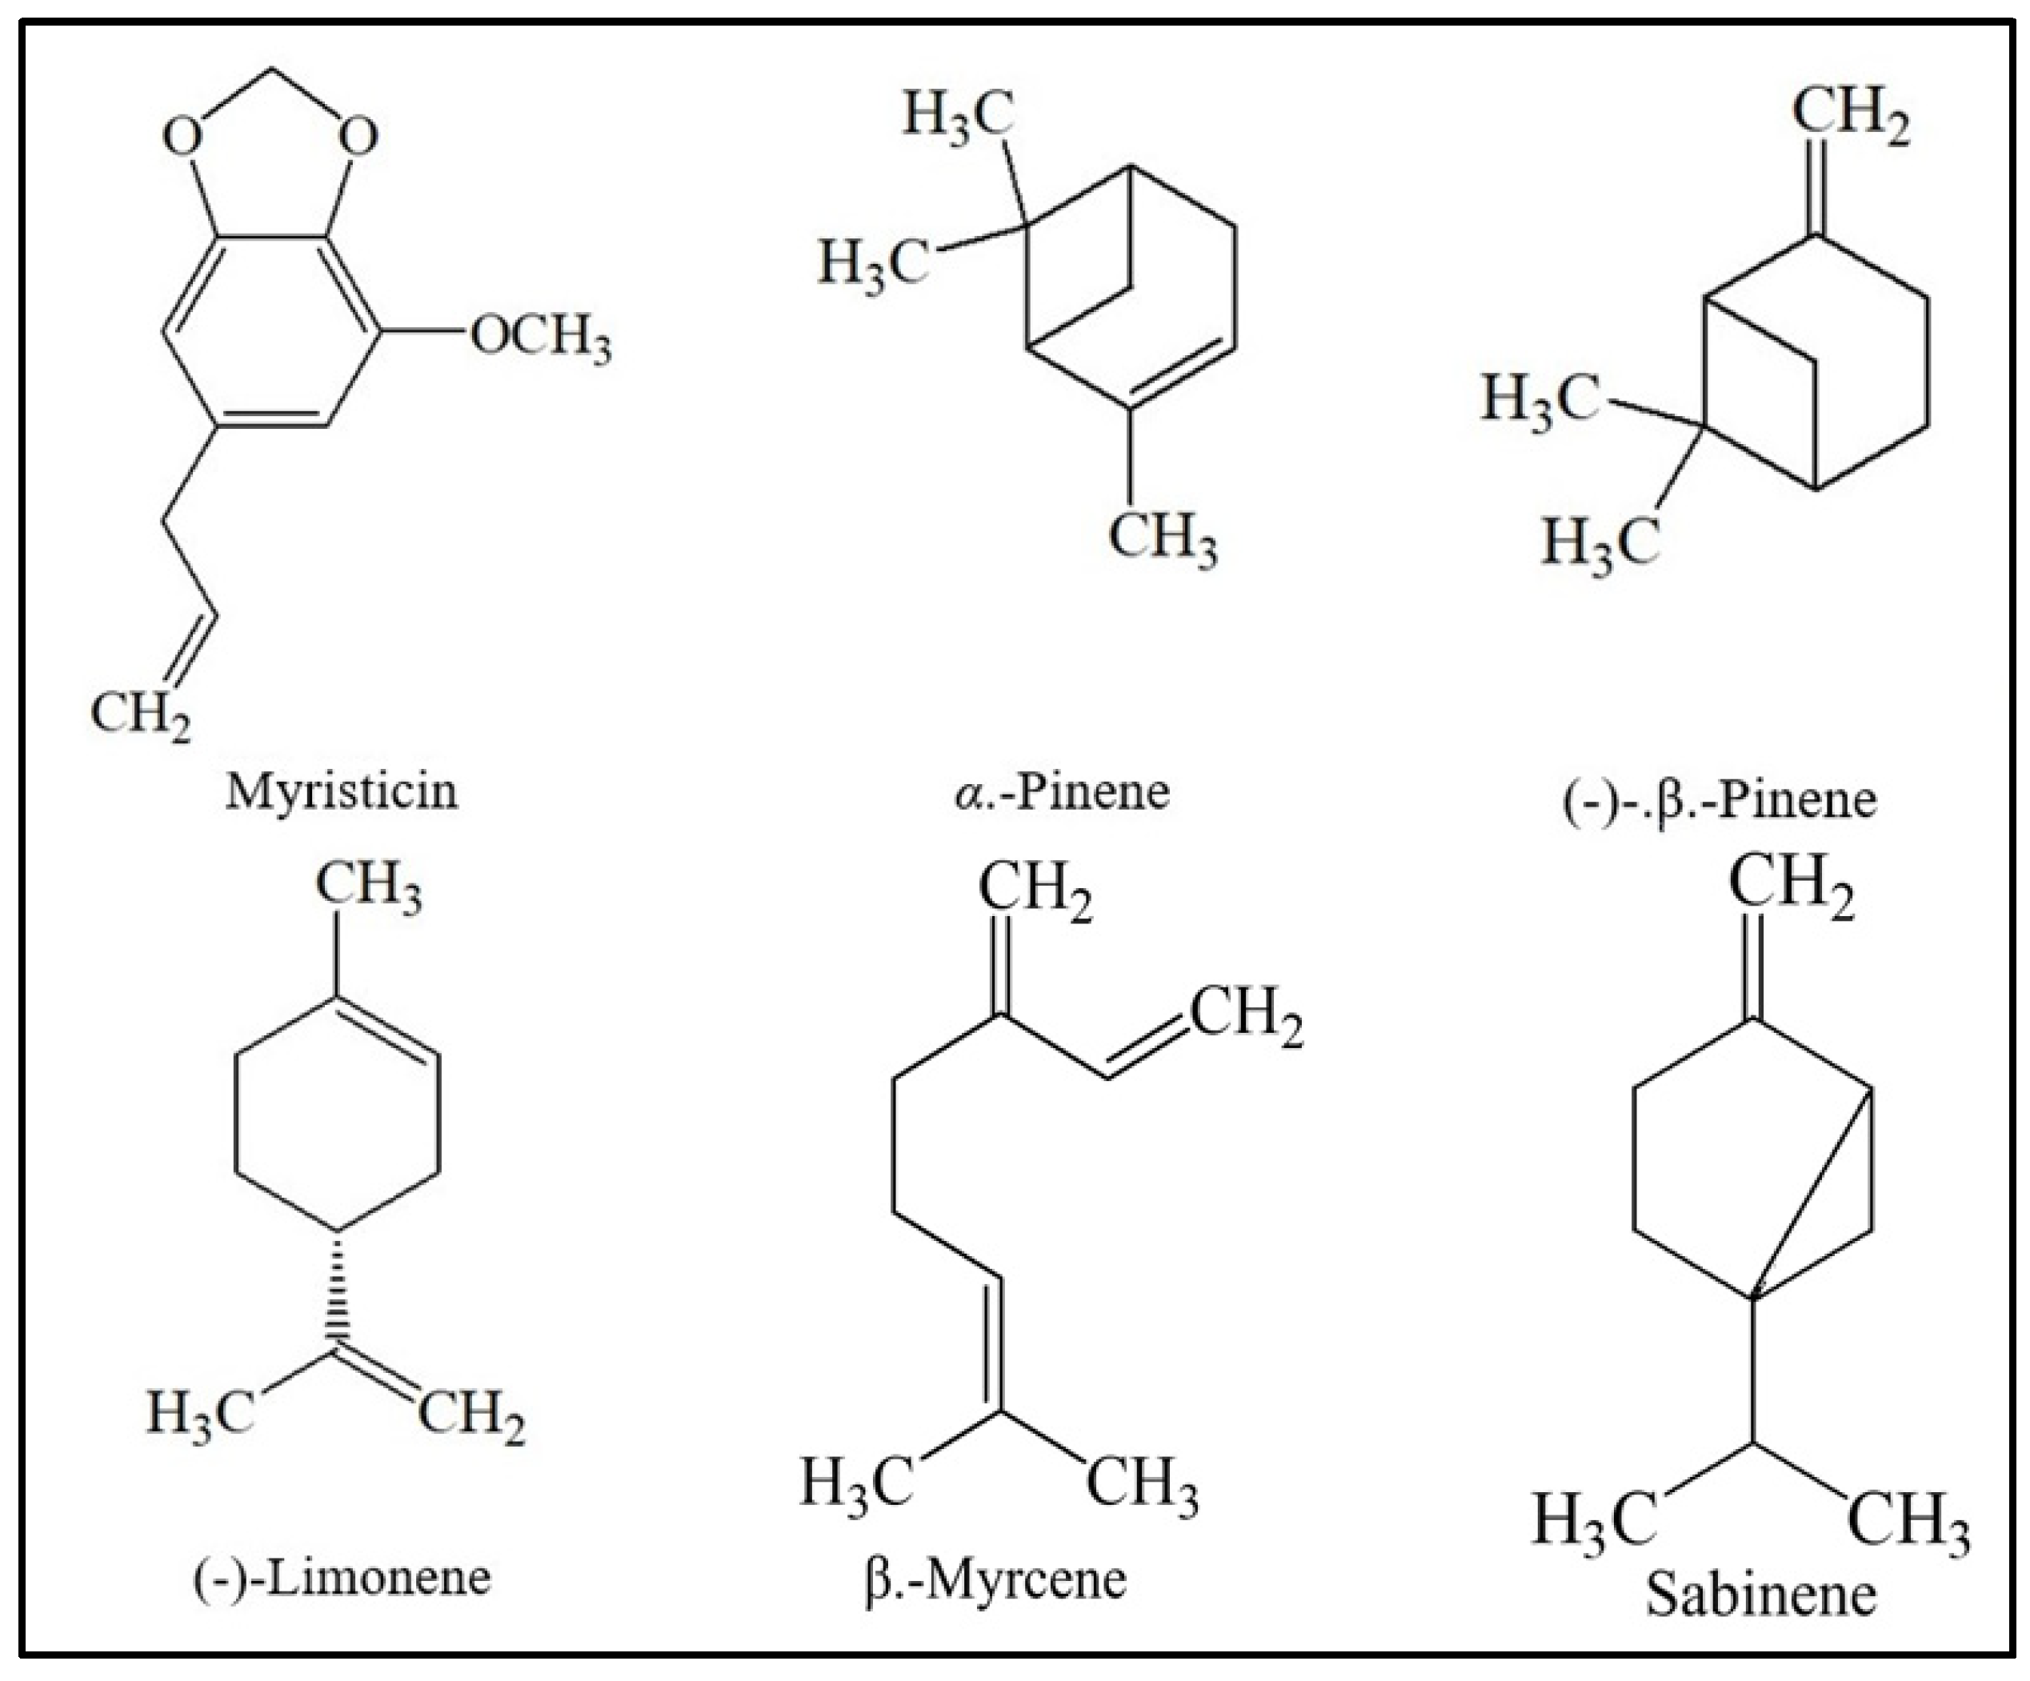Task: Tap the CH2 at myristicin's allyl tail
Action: click(140, 716)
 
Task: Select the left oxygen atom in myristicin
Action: click(182, 136)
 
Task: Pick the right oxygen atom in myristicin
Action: click(358, 136)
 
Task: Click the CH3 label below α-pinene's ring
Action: click(1162, 538)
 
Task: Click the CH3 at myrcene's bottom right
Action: click(1143, 1484)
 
